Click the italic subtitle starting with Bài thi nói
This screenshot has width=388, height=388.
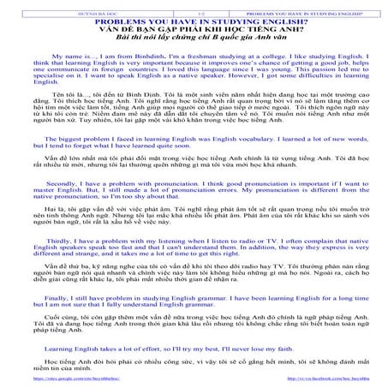click(194, 40)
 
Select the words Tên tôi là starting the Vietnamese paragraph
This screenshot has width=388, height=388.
click(63, 115)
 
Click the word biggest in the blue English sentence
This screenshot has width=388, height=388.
click(74, 163)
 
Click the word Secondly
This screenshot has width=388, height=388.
click(64, 206)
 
